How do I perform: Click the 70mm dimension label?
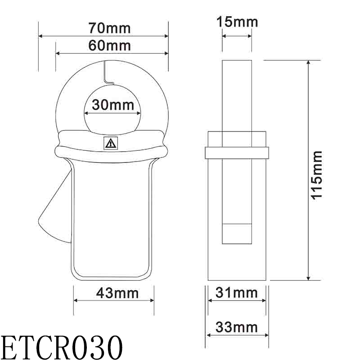click(109, 28)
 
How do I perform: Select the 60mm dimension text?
click(109, 45)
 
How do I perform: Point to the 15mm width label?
click(237, 21)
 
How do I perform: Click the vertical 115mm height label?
click(317, 174)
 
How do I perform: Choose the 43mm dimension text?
click(117, 293)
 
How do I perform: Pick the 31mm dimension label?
click(237, 293)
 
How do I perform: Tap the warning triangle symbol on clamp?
click(110, 144)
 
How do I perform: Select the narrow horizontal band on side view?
click(237, 153)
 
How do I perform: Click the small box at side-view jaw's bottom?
click(237, 234)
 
